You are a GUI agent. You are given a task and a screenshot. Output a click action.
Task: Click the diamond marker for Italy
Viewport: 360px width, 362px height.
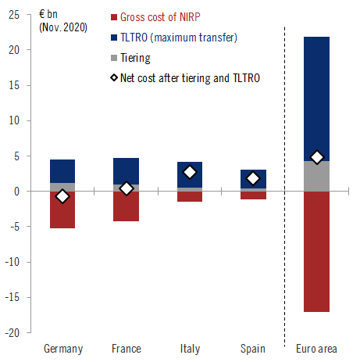click(190, 172)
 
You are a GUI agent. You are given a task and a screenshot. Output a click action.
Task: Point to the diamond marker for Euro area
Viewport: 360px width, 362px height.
click(316, 157)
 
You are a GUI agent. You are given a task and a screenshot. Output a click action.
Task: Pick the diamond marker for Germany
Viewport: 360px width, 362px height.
click(62, 196)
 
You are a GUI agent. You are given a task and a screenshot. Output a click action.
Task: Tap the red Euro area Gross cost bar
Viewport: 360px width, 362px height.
click(316, 250)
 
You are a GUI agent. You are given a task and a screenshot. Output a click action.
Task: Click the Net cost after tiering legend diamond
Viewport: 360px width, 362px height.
click(114, 77)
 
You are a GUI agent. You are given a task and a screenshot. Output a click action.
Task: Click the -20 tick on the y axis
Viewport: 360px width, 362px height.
click(16, 333)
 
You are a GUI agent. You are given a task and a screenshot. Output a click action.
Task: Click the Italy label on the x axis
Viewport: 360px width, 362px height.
click(190, 349)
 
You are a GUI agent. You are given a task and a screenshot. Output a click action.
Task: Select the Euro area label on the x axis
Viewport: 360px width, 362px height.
click(316, 349)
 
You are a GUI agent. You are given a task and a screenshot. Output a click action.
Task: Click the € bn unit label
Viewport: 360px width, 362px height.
click(51, 13)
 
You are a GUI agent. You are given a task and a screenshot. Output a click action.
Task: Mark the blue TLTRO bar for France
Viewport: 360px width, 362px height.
click(126, 170)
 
